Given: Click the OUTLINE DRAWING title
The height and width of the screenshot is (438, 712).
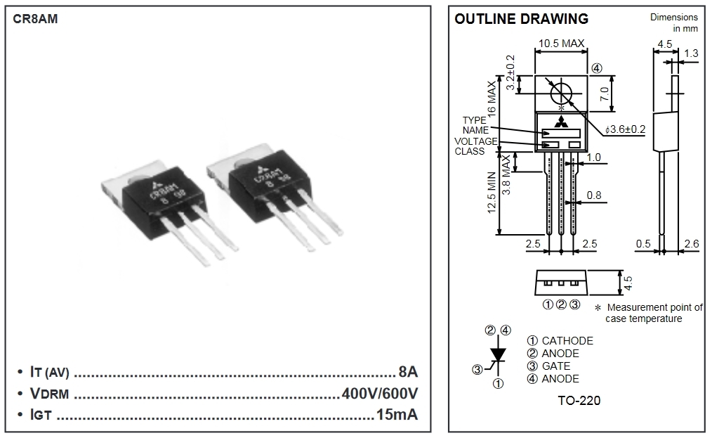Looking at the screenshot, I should pos(521,19).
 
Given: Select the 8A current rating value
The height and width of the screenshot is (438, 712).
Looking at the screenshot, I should pos(407,371).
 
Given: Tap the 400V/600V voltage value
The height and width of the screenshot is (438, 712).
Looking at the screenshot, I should pos(380,392).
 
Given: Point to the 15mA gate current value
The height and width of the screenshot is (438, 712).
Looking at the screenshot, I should pos(397,414).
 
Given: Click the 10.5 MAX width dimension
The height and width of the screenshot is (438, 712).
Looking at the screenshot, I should pos(561,44).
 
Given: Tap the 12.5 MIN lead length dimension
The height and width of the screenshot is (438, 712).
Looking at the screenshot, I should pos(492,203).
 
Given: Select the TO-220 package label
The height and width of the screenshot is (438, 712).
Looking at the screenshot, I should pos(579,401).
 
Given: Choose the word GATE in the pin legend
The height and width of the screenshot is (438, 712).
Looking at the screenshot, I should pos(556,366).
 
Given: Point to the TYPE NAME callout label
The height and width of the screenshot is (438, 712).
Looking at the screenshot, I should pos(475,125).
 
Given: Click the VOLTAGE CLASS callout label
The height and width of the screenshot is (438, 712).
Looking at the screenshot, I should pos(475,146).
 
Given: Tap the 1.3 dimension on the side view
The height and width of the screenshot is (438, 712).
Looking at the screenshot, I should pos(691,53).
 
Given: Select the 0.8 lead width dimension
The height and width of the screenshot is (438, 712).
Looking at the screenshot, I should pos(594,195).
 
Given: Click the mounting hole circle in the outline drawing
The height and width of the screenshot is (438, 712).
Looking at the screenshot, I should pos(560,94).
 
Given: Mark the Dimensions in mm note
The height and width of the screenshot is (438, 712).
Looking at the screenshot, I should pos(674,22).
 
